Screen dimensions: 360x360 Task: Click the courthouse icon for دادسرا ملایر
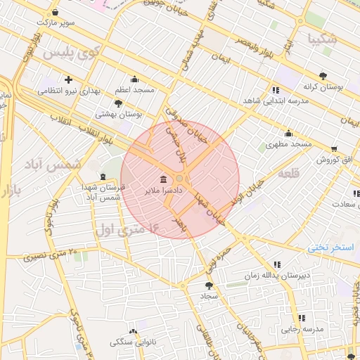pyautogui.click(x=163, y=178)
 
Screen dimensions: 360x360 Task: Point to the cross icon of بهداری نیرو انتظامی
pyautogui.click(x=68, y=79)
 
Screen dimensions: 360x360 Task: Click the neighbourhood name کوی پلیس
pyautogui.click(x=69, y=53)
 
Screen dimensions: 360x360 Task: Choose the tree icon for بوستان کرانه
pyautogui.click(x=323, y=75)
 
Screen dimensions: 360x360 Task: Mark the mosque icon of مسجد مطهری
pyautogui.click(x=288, y=134)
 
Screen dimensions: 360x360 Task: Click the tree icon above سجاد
pyautogui.click(x=208, y=285)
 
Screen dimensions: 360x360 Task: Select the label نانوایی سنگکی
pyautogui.click(x=133, y=342)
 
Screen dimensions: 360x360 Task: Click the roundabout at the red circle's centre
pyautogui.click(x=180, y=179)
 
